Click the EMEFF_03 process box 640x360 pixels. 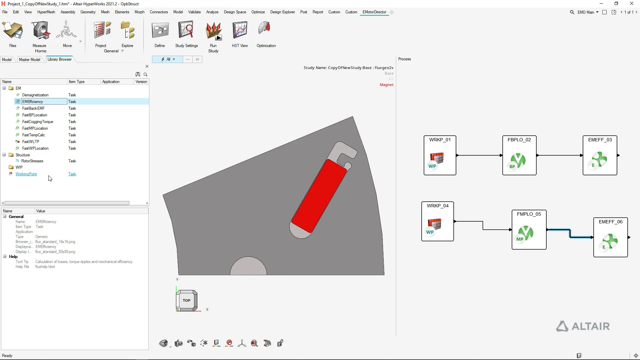point(600,155)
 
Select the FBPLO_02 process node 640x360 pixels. point(519,155)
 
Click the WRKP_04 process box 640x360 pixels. point(437,221)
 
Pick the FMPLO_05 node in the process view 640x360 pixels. point(529,230)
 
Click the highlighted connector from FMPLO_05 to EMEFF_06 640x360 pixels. point(570,233)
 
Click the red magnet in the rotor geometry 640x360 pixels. point(319,196)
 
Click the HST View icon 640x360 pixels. point(240,30)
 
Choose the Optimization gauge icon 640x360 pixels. point(265,29)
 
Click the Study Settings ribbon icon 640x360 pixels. point(186,30)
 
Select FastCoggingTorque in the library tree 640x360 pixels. point(38,122)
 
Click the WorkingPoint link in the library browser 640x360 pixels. point(26,174)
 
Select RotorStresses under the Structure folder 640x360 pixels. point(32,161)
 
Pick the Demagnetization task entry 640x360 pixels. point(35,95)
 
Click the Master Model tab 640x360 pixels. point(29,60)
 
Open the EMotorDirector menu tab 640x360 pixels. point(374,12)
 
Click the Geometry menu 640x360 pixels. point(88,12)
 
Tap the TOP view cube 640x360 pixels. point(187,300)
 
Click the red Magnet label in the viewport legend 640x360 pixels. point(387,85)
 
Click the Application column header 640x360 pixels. point(111,82)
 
